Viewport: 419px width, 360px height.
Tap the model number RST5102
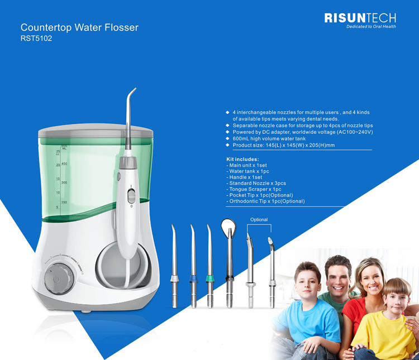click(36, 39)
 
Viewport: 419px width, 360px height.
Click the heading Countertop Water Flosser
click(79, 27)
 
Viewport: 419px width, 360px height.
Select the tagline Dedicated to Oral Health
click(371, 26)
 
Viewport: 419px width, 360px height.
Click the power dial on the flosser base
click(59, 279)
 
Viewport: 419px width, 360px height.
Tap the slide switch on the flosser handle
click(131, 196)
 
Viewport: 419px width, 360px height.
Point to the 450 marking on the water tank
click(64, 164)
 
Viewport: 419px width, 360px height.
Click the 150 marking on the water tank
click(64, 202)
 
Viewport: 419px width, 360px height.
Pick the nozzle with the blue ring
click(193, 266)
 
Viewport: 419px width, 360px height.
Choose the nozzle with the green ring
click(209, 266)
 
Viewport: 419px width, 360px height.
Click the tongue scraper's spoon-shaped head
click(228, 227)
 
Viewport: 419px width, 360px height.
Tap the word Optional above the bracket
click(259, 219)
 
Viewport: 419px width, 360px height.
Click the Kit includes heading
click(242, 159)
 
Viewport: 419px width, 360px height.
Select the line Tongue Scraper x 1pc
click(254, 189)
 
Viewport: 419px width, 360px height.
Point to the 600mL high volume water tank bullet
click(269, 138)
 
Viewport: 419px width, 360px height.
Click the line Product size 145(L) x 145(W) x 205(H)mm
click(283, 145)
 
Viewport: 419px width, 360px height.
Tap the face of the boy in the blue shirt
click(307, 284)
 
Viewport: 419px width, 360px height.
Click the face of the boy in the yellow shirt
click(396, 301)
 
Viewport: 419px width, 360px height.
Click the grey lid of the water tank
click(96, 131)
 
